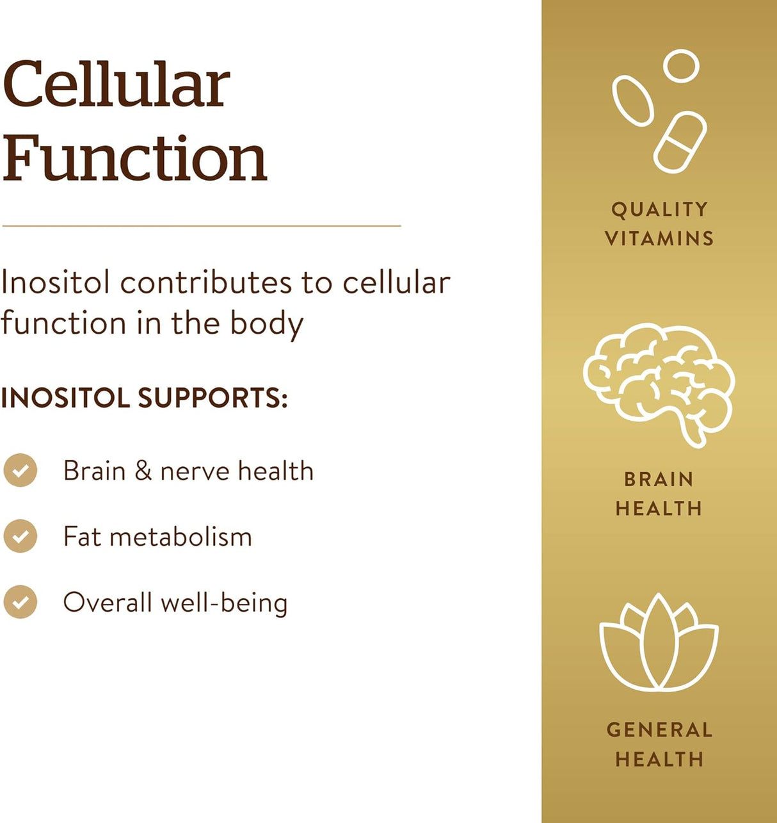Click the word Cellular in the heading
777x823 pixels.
(116, 85)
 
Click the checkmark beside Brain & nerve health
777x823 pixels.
(20, 471)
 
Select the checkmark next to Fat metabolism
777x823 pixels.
(20, 536)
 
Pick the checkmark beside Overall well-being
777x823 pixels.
(20, 602)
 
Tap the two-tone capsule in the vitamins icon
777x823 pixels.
(680, 142)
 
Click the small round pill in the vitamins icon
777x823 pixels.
(681, 67)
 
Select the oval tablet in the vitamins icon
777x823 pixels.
(633, 101)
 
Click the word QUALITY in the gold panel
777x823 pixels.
(659, 209)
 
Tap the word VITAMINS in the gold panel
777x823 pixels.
(659, 239)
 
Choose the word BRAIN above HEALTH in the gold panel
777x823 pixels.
(659, 479)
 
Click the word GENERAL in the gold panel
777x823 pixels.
(659, 729)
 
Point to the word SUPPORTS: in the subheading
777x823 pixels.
(212, 398)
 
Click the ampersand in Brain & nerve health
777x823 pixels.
(143, 471)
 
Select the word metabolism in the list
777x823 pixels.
(181, 537)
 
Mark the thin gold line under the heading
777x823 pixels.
(201, 226)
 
